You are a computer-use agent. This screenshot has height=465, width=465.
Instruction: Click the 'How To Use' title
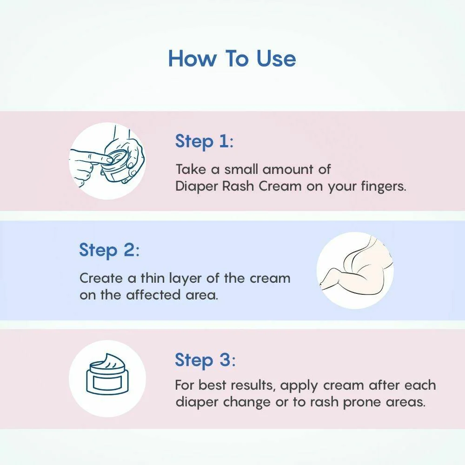click(232, 59)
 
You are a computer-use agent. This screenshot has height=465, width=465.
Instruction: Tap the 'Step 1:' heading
click(204, 141)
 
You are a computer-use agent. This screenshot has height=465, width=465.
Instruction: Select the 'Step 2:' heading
click(109, 250)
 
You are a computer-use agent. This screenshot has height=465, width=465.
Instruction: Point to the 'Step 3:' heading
click(205, 360)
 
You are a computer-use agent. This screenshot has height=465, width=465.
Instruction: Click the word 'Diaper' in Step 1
click(197, 187)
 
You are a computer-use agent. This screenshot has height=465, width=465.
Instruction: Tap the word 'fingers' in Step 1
click(384, 187)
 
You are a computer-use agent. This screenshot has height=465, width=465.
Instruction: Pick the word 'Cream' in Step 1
click(280, 186)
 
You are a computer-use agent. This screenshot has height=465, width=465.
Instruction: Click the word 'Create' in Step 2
click(101, 279)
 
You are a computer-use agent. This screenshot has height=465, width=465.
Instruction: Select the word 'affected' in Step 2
click(153, 295)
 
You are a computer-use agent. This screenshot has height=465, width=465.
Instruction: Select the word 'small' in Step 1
click(241, 169)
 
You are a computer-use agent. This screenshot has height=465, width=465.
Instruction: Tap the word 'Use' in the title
click(276, 59)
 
